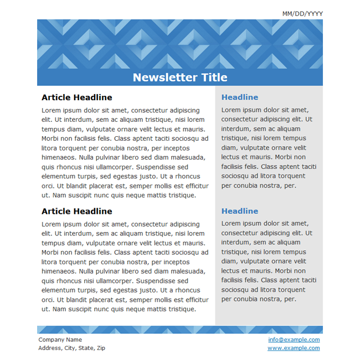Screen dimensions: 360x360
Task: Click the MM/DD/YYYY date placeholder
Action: coord(302,14)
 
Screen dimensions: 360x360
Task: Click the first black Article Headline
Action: coord(76,97)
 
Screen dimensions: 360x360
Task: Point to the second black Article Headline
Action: coord(76,212)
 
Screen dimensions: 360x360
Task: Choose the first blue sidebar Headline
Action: coord(240,97)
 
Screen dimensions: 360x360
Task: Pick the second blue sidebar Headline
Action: coord(240,211)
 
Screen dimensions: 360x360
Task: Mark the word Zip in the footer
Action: coord(101,348)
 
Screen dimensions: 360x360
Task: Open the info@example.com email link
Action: coord(294,340)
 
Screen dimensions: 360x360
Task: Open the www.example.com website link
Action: coord(294,348)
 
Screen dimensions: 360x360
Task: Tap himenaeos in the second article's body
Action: coord(59,271)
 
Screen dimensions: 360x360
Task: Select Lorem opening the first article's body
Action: coord(51,110)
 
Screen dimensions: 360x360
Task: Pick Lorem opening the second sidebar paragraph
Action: coord(231,223)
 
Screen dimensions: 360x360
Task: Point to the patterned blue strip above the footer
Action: coord(180,330)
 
